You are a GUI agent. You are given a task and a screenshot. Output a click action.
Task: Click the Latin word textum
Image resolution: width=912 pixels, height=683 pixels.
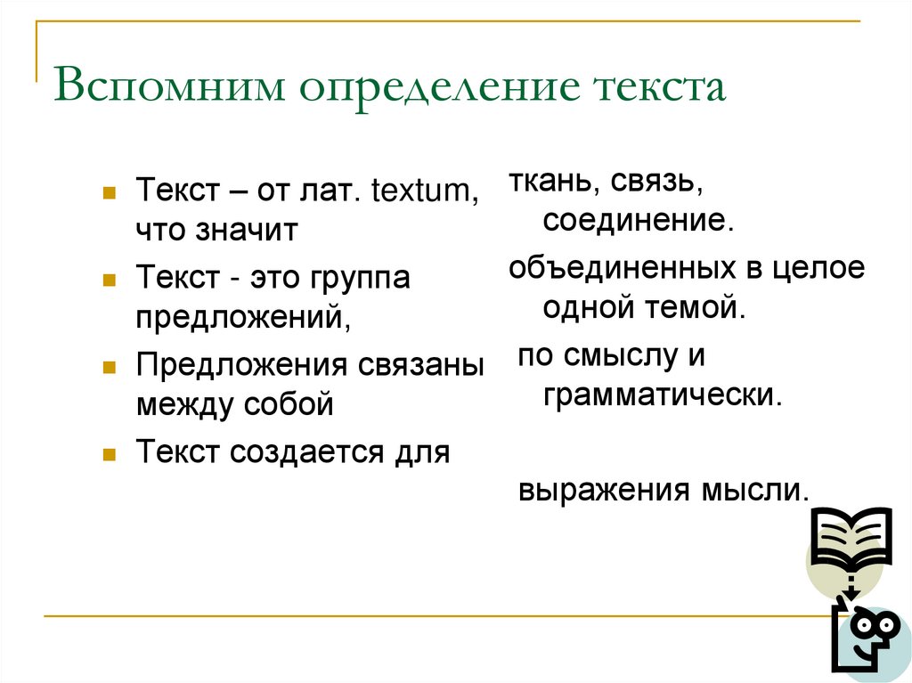click(x=424, y=191)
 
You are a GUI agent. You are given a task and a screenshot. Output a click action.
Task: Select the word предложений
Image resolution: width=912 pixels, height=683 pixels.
click(x=240, y=319)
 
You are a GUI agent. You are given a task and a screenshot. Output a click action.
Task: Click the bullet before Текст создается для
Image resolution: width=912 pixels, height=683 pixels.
click(x=108, y=452)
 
